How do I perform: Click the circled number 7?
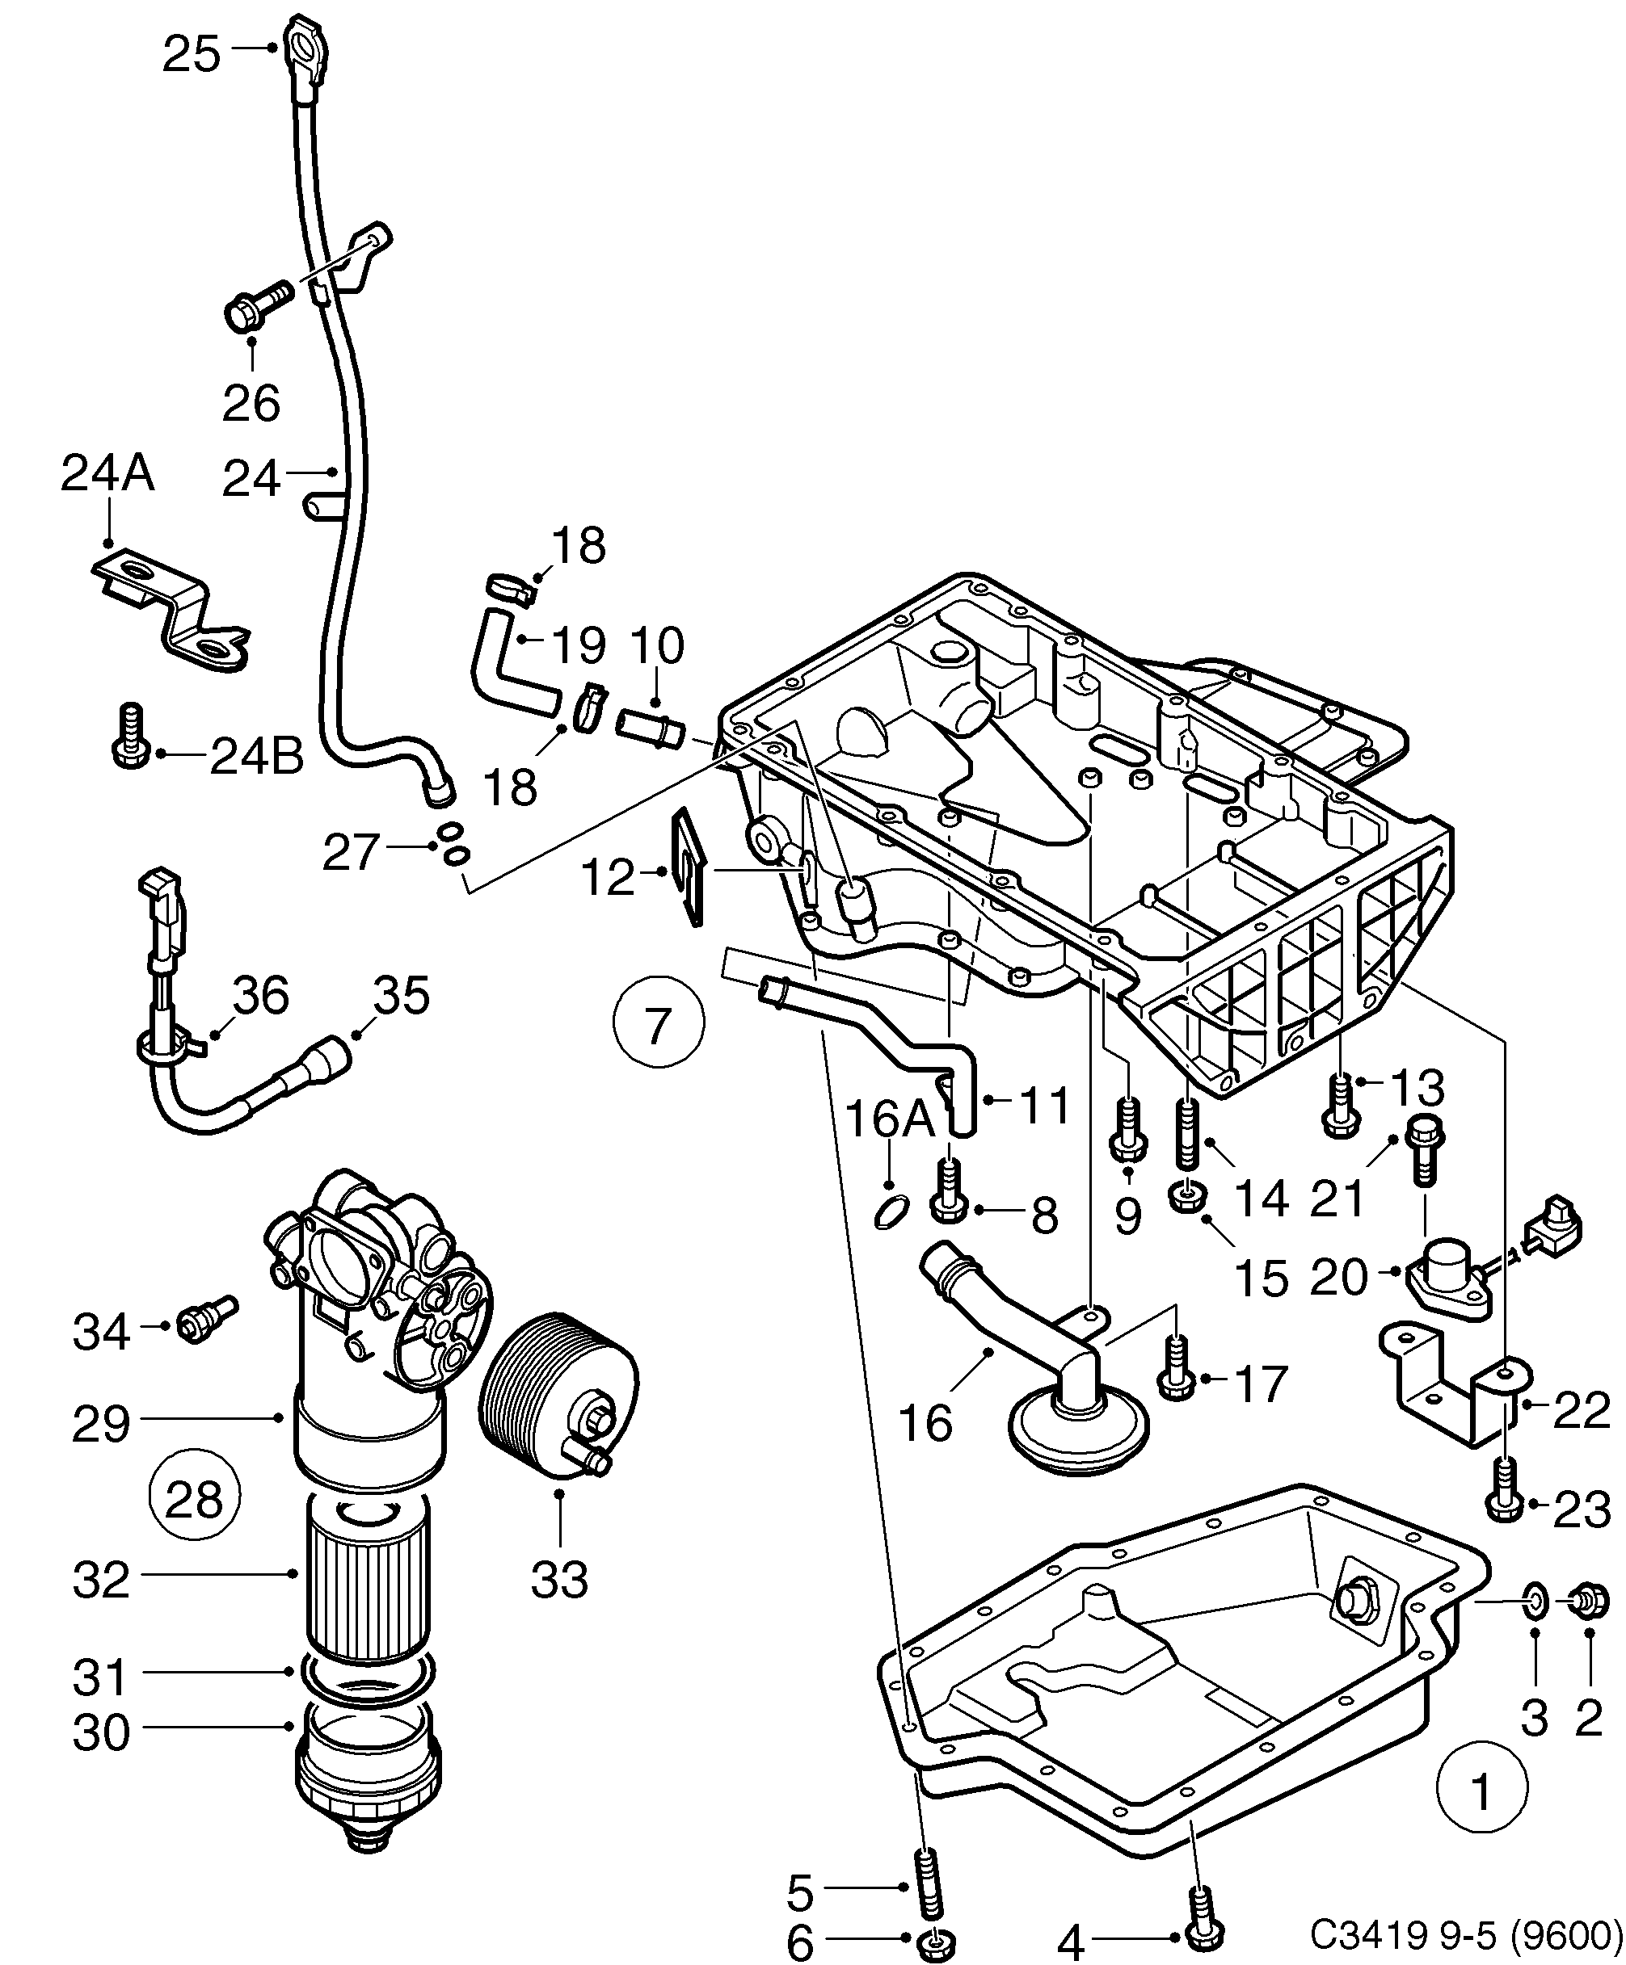[657, 1026]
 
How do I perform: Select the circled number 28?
[194, 1500]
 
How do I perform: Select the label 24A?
[107, 474]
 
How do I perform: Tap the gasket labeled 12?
[689, 870]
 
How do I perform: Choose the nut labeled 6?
[933, 1945]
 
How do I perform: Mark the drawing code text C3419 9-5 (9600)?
[1465, 1930]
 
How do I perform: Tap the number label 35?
[402, 996]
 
